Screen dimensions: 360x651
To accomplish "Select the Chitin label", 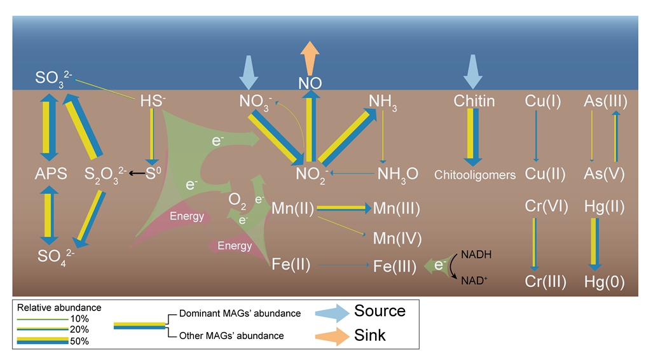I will pos(474,101).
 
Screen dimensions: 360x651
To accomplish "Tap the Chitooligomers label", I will pos(475,174).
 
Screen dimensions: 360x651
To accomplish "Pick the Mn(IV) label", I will pos(397,239).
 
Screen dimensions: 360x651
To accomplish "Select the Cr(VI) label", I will pos(545,207).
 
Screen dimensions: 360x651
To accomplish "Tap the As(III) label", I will pos(605,101).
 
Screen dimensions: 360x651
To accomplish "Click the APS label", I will pos(50,174).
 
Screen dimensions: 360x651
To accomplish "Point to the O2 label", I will pos(237,200).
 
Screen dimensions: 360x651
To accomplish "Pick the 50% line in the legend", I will pos(43,341).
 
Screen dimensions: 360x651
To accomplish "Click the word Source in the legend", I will pos(380,311).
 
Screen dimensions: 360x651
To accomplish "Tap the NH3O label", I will pos(397,174).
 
